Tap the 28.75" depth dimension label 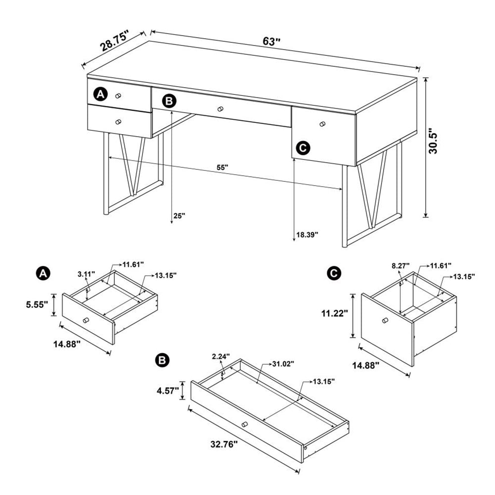click(x=114, y=41)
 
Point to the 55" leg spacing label click(x=222, y=167)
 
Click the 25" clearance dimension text click(x=179, y=216)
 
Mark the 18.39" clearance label click(x=307, y=234)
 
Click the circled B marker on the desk click(x=169, y=101)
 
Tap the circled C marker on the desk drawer click(x=302, y=148)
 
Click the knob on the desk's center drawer click(x=220, y=109)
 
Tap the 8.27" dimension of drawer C click(x=400, y=266)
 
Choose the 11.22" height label click(x=335, y=313)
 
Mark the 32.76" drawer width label click(x=221, y=443)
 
